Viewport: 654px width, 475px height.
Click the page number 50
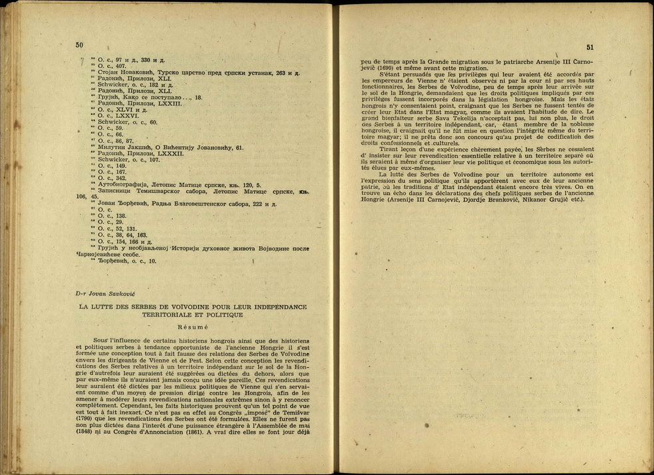[x=79, y=45]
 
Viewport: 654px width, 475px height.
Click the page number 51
[x=589, y=47]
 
